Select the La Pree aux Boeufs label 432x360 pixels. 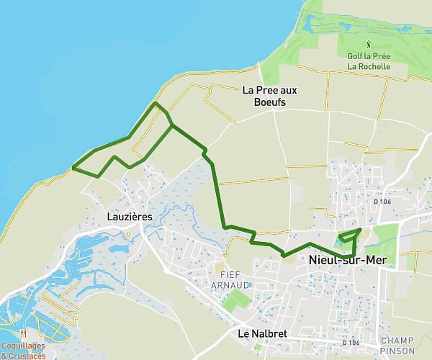[269, 96]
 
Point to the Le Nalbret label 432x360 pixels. [261, 334]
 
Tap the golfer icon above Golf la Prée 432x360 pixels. [368, 44]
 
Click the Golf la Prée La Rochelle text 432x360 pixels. [368, 61]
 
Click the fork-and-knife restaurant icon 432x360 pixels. [23, 334]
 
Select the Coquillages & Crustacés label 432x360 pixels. [23, 351]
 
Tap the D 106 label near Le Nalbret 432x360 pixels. [351, 343]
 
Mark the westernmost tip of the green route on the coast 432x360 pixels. [73, 168]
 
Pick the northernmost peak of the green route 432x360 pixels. [156, 104]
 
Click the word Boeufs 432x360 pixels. [270, 103]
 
